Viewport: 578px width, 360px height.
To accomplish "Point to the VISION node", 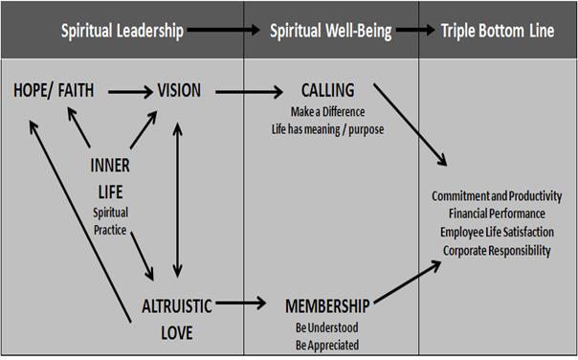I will [x=179, y=91].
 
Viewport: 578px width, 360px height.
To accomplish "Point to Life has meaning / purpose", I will [x=327, y=127].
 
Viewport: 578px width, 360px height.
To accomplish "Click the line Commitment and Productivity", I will [x=497, y=197].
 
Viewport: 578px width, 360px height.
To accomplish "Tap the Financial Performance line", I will [x=497, y=214].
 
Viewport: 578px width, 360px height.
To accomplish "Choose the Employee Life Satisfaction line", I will [x=497, y=233].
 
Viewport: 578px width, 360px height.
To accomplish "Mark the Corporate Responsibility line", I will [x=497, y=251].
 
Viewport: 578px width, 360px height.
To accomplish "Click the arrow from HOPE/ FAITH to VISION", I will [x=130, y=92].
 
